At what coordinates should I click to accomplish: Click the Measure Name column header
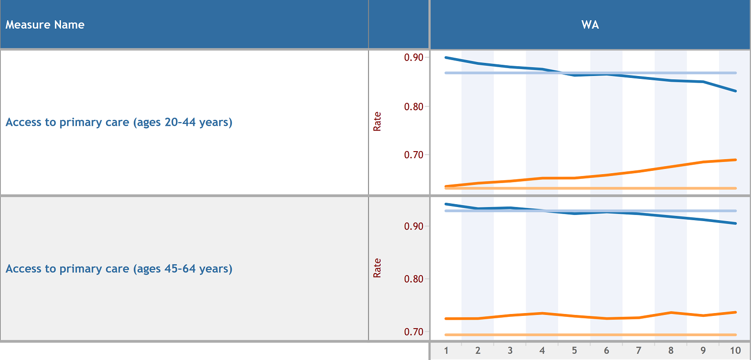[x=45, y=25]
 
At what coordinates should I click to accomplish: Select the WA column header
[x=590, y=25]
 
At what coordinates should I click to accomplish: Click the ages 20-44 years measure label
[x=119, y=123]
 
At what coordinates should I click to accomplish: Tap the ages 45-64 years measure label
[x=119, y=269]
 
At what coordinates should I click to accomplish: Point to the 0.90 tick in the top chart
[x=414, y=57]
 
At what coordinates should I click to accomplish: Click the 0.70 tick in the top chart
[x=414, y=155]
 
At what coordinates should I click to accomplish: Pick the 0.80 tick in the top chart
[x=414, y=107]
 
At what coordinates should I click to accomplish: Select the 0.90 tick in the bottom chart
[x=414, y=226]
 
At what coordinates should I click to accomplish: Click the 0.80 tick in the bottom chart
[x=414, y=279]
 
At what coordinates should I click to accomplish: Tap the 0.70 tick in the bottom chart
[x=414, y=332]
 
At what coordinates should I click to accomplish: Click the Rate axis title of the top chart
[x=377, y=122]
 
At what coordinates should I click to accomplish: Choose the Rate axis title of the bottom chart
[x=377, y=268]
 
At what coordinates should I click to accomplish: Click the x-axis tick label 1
[x=446, y=351]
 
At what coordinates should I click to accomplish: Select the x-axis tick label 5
[x=574, y=351]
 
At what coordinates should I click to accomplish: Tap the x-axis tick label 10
[x=735, y=351]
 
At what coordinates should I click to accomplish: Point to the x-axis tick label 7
[x=638, y=351]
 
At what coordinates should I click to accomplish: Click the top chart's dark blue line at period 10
[x=735, y=91]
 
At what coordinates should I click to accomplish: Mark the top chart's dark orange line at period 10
[x=735, y=160]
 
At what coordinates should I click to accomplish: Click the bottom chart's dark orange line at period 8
[x=671, y=313]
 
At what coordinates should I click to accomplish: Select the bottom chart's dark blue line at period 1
[x=446, y=204]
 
